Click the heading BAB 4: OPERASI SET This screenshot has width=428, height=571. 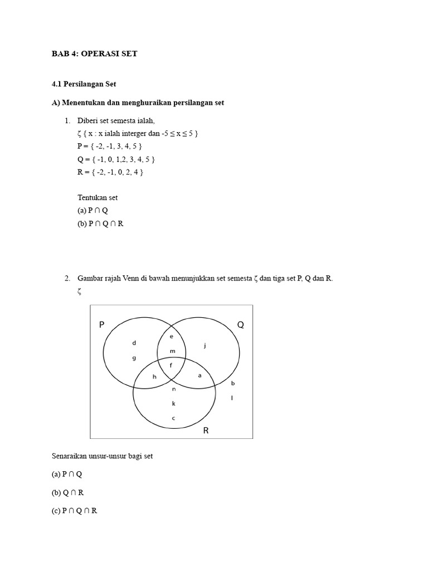(x=94, y=54)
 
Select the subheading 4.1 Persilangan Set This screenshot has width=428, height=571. (x=84, y=84)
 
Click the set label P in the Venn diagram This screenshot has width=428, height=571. (x=102, y=325)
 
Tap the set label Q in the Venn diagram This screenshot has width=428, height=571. (x=241, y=325)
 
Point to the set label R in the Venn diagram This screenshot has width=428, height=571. (x=206, y=430)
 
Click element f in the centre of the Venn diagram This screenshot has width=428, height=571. (x=172, y=365)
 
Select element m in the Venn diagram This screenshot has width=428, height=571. (x=172, y=351)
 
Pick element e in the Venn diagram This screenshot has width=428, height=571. (x=172, y=337)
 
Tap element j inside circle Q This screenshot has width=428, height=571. (x=205, y=346)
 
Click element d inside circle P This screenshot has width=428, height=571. (x=134, y=343)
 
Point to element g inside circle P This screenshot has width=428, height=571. (x=134, y=358)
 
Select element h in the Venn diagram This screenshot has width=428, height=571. (x=154, y=377)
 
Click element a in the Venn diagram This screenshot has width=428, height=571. (x=200, y=376)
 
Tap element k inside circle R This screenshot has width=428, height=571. (x=173, y=403)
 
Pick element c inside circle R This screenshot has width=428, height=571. (x=173, y=418)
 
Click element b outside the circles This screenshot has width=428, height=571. (x=232, y=383)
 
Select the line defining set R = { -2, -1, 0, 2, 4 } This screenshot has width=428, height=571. (x=110, y=172)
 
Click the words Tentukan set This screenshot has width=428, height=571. (x=98, y=197)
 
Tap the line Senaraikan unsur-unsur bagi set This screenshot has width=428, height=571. (x=101, y=456)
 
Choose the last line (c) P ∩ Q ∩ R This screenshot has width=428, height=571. (x=74, y=510)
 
